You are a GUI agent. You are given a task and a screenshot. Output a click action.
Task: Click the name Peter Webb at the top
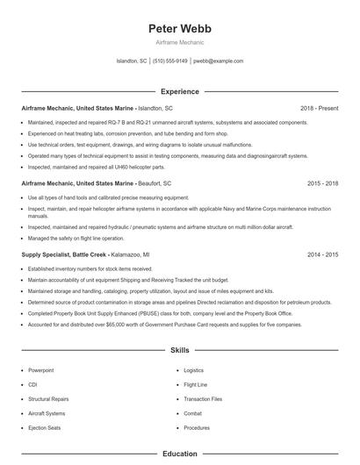click(x=180, y=29)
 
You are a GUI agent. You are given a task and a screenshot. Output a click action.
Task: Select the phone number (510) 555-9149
click(x=170, y=61)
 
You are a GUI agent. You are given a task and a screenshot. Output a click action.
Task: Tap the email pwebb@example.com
click(x=218, y=61)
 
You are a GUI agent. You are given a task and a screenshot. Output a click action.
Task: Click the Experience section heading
click(x=180, y=91)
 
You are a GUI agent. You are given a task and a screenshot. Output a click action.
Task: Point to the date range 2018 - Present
click(x=319, y=108)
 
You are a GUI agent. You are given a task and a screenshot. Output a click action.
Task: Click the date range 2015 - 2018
click(x=322, y=184)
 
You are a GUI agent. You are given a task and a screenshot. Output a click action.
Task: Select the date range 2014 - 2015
click(x=322, y=254)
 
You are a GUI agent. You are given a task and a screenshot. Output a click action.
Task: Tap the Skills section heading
click(x=180, y=350)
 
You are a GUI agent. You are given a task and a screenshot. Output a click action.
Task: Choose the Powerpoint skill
click(x=41, y=370)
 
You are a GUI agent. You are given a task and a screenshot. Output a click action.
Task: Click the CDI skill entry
click(x=32, y=384)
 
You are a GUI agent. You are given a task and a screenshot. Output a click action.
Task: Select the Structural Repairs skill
click(x=47, y=398)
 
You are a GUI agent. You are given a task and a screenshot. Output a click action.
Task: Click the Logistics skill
click(x=193, y=370)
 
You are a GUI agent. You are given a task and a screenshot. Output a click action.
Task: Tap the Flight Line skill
click(x=195, y=384)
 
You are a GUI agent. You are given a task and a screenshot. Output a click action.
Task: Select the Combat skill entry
click(x=192, y=412)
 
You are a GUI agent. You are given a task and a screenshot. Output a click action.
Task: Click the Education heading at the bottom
click(x=180, y=454)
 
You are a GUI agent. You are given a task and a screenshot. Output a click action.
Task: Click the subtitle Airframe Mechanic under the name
click(x=180, y=43)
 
